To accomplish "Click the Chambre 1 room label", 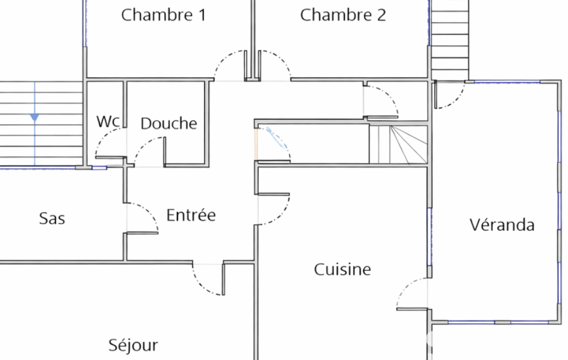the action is coord(163,15).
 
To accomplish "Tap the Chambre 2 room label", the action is coord(342,15).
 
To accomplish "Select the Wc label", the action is coord(108,122).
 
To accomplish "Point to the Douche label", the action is coord(169,124).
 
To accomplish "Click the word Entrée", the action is coord(191,215).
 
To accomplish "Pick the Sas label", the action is coord(52,218).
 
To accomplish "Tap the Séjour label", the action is coord(133,345).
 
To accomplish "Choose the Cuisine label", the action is coord(342,270).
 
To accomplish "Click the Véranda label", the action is coord(502,224).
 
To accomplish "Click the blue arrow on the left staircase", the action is coord(35,117).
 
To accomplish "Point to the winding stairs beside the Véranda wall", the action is coord(398,145).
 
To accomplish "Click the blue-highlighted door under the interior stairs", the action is coord(277,137).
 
